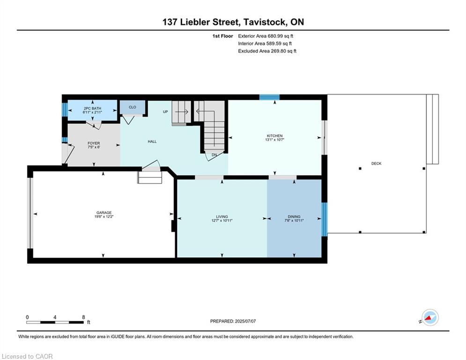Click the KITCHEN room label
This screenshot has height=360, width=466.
coord(274,136)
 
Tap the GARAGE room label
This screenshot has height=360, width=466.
coord(104,212)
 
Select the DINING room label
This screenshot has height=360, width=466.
coord(294,217)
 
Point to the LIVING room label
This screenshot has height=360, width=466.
coord(222,217)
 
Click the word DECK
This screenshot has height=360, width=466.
coord(376,164)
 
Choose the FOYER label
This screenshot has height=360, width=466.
coord(94,143)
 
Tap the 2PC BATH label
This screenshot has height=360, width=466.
coord(92,108)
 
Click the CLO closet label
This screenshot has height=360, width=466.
coord(133,107)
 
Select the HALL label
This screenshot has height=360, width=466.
coord(152,142)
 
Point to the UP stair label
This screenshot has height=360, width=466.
coord(165,112)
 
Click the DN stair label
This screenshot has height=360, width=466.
coord(214,155)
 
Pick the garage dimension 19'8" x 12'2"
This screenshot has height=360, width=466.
coord(104,217)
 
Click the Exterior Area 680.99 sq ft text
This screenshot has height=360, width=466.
coord(266,36)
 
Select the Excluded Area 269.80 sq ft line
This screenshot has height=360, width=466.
coord(267,51)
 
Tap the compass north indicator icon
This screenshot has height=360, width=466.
coord(429,317)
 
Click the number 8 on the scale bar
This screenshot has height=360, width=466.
coord(83,317)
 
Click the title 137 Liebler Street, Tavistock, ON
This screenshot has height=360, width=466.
coord(233,22)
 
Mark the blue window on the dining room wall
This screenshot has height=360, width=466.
coord(325,218)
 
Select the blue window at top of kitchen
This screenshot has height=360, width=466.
coord(269,97)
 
